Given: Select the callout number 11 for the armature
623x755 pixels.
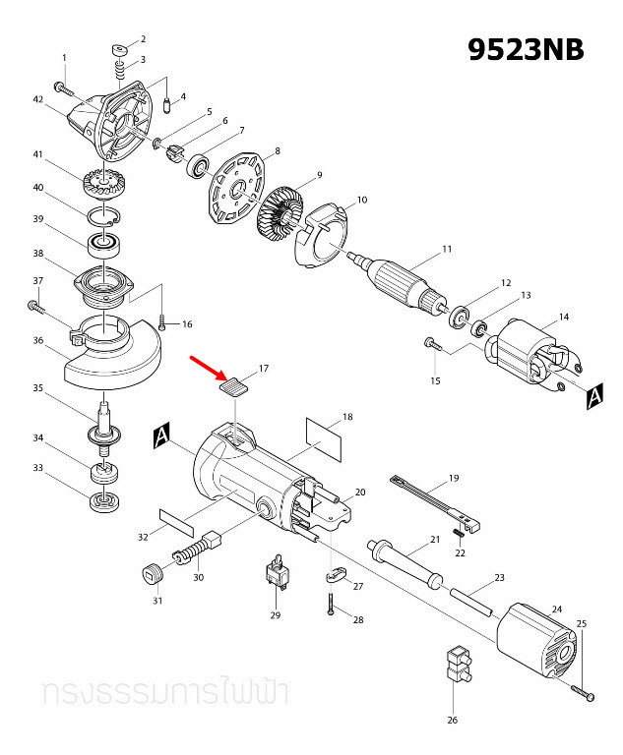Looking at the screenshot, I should (447, 249).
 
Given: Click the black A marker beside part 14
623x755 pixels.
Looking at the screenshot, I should (593, 396).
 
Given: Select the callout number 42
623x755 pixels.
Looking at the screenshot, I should (38, 100).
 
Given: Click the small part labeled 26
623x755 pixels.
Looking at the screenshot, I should (457, 666).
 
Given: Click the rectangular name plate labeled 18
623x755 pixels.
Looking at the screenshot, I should (324, 436).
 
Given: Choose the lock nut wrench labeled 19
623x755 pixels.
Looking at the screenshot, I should (433, 500).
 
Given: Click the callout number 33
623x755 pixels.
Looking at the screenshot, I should (38, 469).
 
